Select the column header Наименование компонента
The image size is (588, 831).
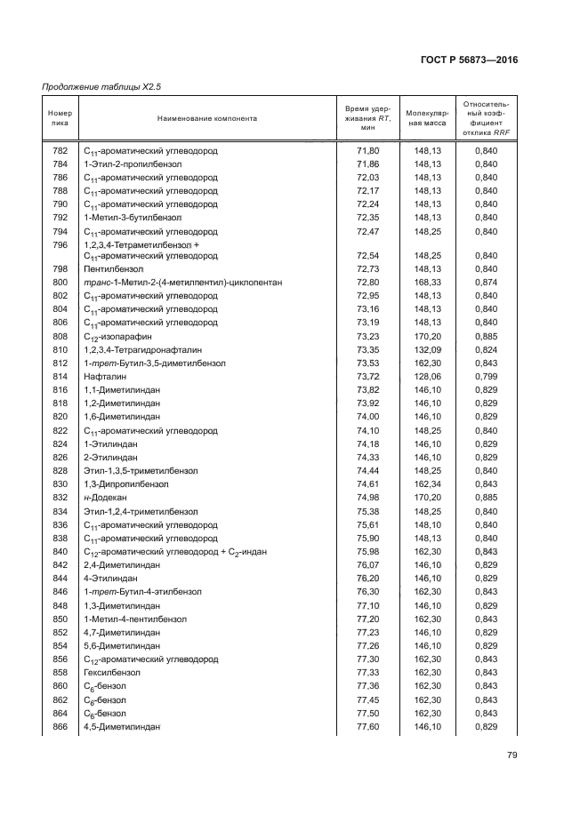[x=207, y=118]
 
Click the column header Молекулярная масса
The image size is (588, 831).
[x=427, y=118]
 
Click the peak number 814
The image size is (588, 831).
[x=60, y=377]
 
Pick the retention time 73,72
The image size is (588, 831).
[x=367, y=377]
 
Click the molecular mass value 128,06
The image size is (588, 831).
[x=428, y=377]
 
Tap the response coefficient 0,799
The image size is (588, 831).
[x=486, y=377]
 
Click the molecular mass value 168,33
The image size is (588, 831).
[x=428, y=283]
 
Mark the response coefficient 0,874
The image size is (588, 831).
[x=486, y=283]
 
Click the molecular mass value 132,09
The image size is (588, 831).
[x=428, y=350]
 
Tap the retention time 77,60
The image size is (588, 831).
[x=367, y=727]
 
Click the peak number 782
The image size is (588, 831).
[x=60, y=151]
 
